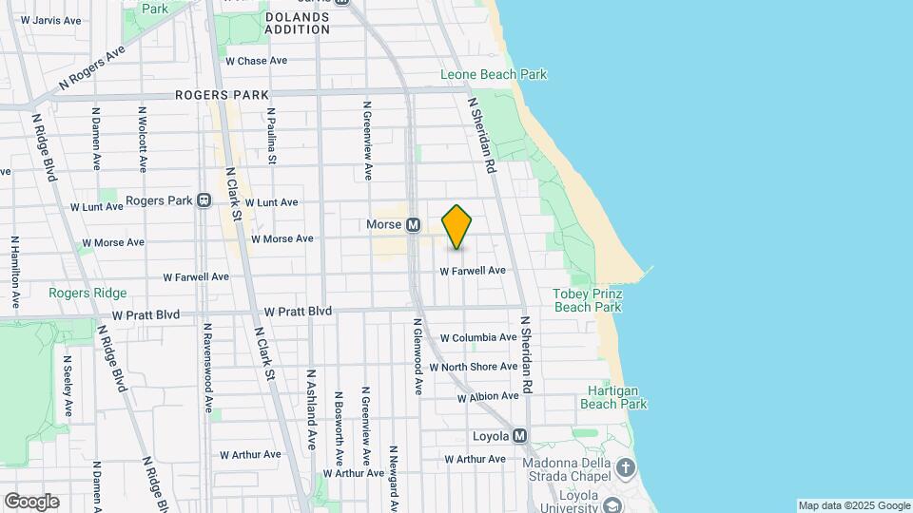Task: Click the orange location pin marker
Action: pos(457,227)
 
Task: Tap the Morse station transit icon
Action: pos(413,225)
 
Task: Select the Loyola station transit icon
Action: pos(519,436)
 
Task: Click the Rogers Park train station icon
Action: pos(204,201)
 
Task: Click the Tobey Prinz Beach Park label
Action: pos(587,300)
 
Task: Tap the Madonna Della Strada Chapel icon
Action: pos(625,466)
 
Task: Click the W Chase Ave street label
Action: pos(256,61)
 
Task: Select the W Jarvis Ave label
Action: pos(50,19)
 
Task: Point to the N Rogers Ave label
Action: pos(92,68)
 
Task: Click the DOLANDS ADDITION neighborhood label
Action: pos(297,23)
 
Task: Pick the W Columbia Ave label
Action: pos(478,337)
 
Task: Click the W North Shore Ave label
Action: pos(473,367)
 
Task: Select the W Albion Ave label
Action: pos(488,396)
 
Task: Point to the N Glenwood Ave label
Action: pos(417,356)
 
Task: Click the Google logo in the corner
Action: pos(31,502)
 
